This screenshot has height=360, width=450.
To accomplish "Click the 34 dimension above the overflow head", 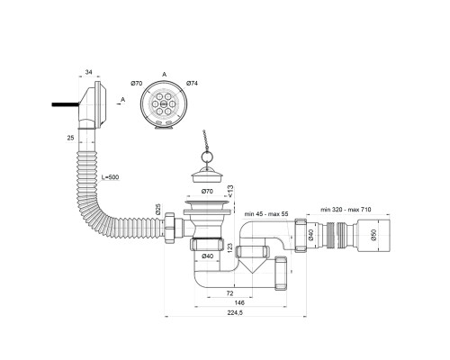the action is (x=88, y=72).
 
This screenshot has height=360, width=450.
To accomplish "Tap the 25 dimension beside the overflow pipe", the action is (x=70, y=138).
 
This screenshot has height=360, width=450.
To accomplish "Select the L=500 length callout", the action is (x=110, y=177).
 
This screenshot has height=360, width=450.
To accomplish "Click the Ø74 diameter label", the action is (x=192, y=84).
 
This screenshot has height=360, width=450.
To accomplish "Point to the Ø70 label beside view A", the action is (x=137, y=84).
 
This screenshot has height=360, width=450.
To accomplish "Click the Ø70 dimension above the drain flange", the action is (x=207, y=191).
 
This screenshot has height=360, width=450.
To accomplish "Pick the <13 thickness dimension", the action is (x=230, y=192).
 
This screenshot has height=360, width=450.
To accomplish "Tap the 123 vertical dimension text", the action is (x=230, y=247).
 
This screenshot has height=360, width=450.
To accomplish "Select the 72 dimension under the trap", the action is (x=230, y=293).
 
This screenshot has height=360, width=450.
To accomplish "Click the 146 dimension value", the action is (x=239, y=302).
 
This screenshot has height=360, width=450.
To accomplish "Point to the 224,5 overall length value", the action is (x=235, y=312).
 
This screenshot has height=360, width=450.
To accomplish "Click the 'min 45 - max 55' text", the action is (x=266, y=214).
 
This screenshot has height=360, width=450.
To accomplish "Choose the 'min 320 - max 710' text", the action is (x=346, y=209).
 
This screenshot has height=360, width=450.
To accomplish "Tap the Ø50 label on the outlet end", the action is (x=373, y=235).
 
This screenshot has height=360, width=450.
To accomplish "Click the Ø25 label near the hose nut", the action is (x=158, y=209).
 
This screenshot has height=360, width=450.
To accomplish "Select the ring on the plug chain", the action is (x=206, y=157).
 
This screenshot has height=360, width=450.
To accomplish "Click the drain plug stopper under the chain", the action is (x=207, y=175).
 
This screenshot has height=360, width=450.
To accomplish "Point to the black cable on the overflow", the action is (x=66, y=104).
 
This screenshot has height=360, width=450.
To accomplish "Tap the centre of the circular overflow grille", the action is (x=164, y=103).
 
